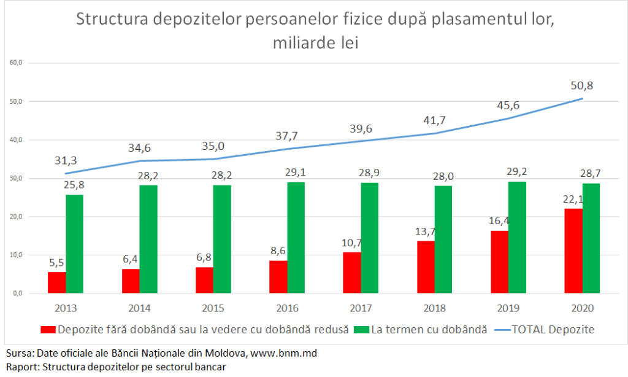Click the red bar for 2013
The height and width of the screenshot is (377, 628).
click(57, 282)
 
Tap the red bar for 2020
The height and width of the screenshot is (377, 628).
click(573, 251)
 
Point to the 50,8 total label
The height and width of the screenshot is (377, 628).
click(582, 86)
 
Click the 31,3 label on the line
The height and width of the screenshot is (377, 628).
click(65, 160)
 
